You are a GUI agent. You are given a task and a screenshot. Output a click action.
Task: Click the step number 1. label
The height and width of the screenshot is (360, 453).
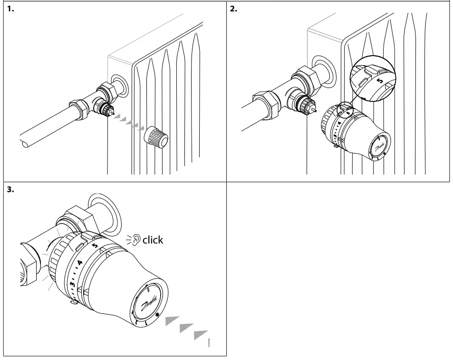click(x=10, y=9)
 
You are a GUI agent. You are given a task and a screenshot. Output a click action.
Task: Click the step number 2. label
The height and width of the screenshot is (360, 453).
click(x=233, y=9)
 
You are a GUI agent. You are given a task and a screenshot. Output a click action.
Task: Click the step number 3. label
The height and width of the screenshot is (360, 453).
click(x=10, y=189)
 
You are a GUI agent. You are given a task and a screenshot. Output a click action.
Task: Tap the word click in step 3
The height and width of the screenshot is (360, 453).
click(x=153, y=240)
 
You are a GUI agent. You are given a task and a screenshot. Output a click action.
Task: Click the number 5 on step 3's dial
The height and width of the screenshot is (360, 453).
click(x=95, y=245)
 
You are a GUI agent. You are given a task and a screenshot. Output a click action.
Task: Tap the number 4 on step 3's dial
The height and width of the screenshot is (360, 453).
click(x=79, y=263)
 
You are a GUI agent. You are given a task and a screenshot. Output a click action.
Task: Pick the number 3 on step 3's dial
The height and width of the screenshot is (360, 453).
click(x=72, y=284)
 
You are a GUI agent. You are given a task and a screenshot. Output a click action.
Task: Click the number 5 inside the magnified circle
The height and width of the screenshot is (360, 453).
click(x=379, y=80)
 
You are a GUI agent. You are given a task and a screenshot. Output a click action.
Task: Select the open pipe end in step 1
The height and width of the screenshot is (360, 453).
click(x=25, y=141)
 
